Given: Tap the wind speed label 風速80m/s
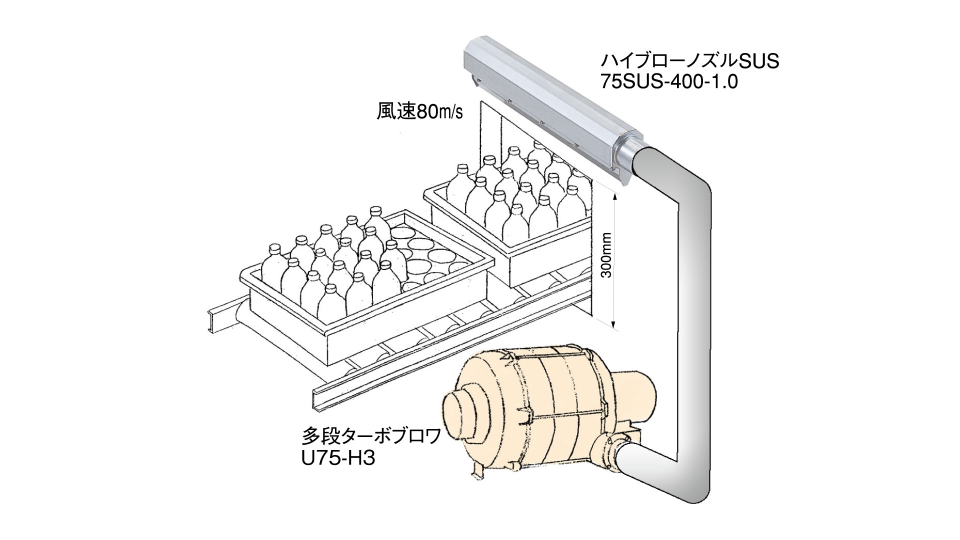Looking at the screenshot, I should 419,112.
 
